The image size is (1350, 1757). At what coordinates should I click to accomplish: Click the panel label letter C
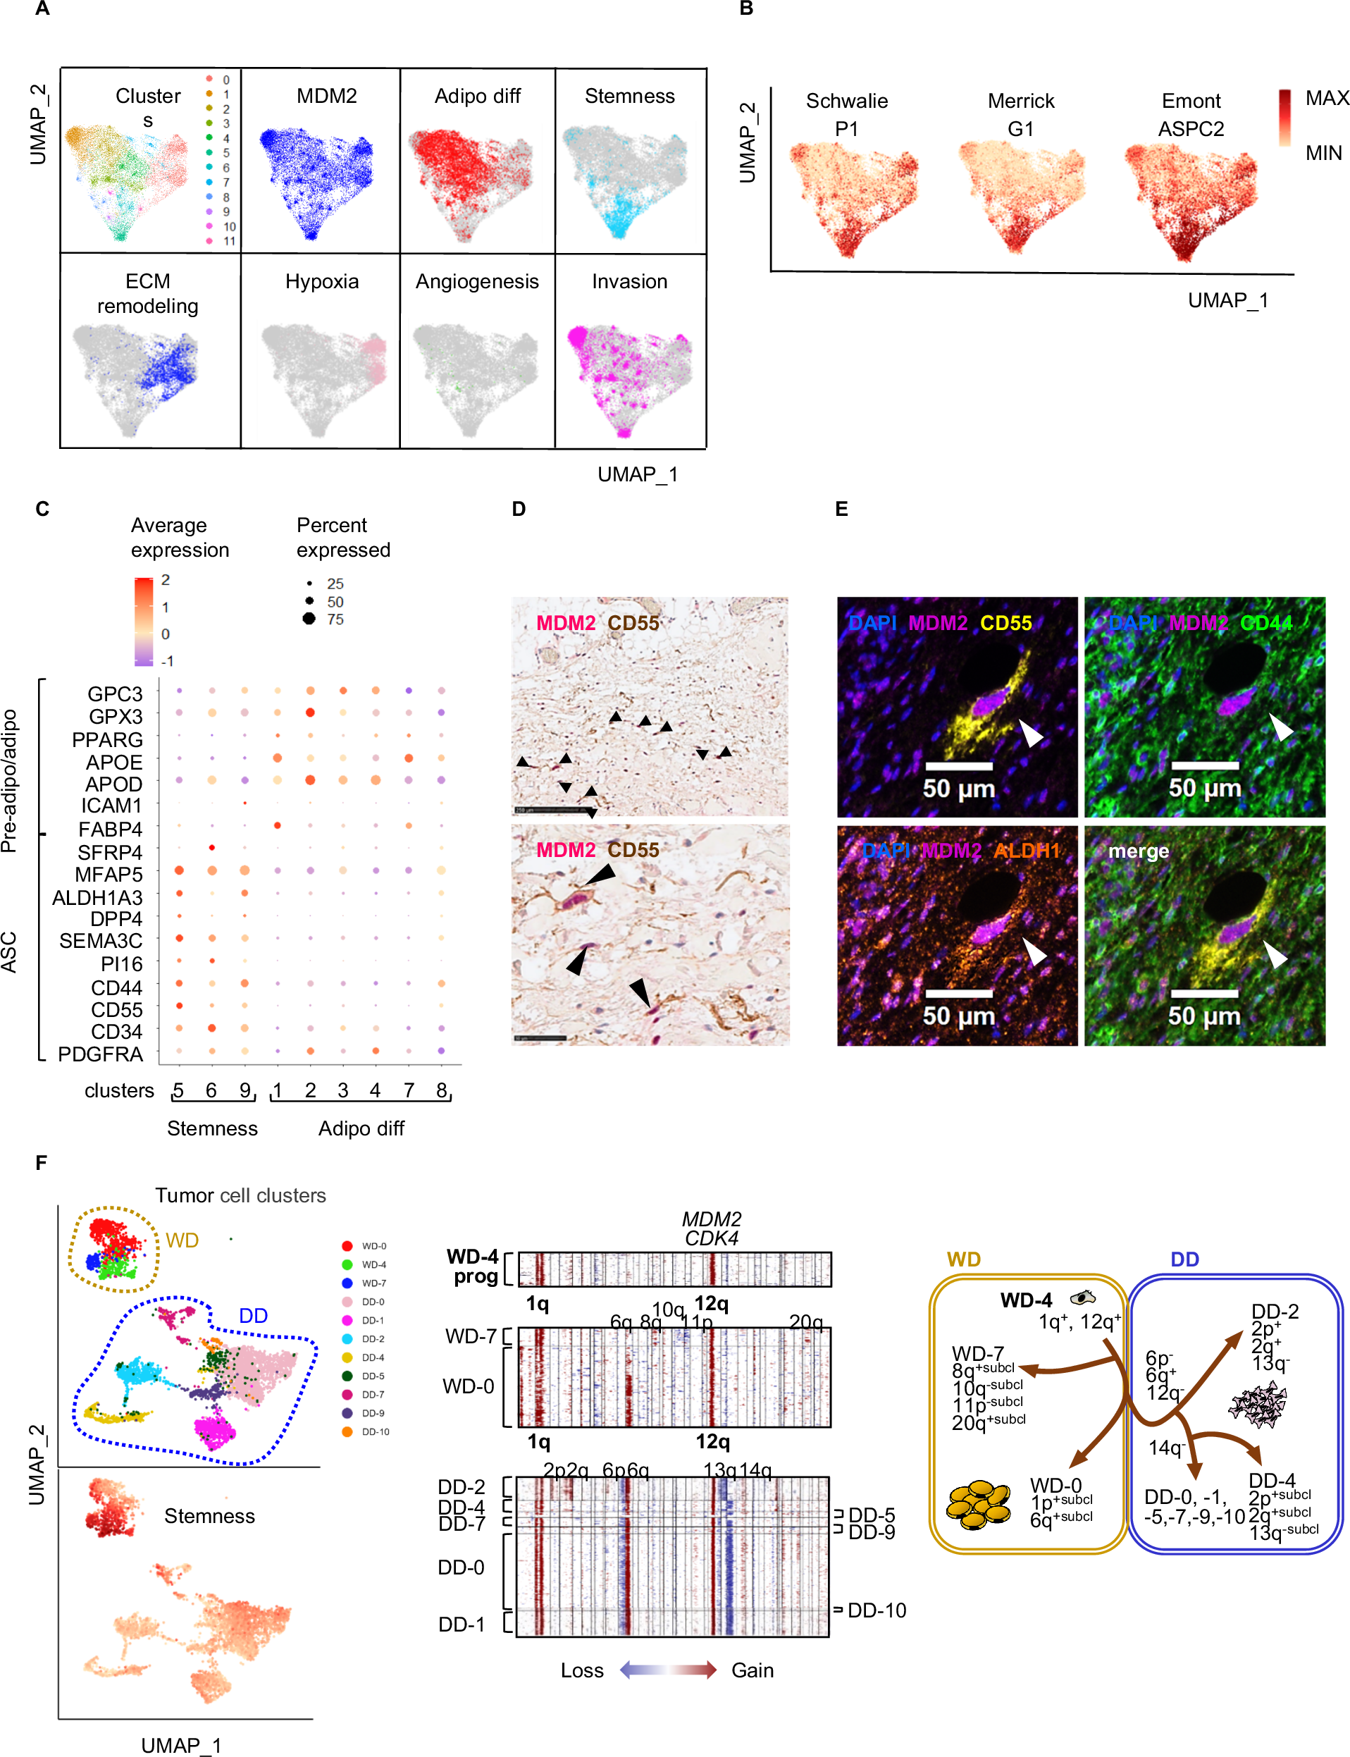[42, 509]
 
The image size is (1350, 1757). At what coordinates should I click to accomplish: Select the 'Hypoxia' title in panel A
[321, 281]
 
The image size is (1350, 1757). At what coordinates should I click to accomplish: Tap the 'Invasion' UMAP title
[629, 281]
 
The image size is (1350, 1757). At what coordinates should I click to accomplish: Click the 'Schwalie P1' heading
[847, 114]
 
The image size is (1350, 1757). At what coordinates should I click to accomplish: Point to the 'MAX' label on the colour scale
[1326, 98]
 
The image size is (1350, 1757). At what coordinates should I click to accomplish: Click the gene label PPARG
[107, 739]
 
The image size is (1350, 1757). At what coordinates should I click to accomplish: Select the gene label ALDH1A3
[97, 897]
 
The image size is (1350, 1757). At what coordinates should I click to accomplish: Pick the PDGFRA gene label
[101, 1054]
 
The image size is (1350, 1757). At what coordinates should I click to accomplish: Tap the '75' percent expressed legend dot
[309, 618]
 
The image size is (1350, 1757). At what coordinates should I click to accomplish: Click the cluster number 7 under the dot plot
[409, 1090]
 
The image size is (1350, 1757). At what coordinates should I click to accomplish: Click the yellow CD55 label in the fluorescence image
[1006, 623]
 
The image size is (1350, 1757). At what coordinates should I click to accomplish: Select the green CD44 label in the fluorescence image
[1266, 623]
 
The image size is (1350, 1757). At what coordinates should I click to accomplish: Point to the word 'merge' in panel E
[1139, 851]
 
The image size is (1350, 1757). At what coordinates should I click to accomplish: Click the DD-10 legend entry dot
[347, 1431]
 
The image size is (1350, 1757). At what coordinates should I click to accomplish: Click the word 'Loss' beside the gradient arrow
[582, 1670]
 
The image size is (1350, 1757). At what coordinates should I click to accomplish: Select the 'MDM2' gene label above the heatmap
[711, 1219]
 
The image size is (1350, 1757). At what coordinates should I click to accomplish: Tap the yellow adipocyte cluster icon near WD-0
[978, 1505]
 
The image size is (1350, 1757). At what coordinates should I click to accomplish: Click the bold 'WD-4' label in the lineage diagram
[1025, 1300]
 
